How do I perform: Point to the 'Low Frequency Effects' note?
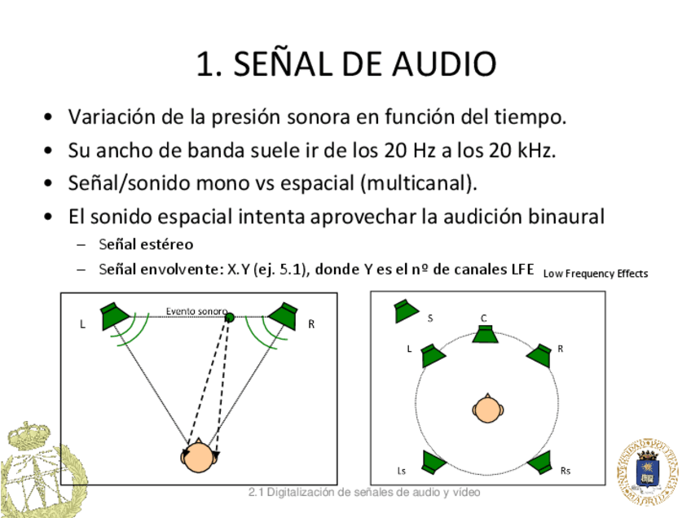click(x=595, y=274)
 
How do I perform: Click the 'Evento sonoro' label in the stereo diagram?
click(x=196, y=311)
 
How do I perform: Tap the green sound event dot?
click(x=230, y=317)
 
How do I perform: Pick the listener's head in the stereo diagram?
click(x=199, y=457)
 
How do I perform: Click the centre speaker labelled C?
click(x=486, y=334)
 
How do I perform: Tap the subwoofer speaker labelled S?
click(x=405, y=310)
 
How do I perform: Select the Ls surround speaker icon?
click(x=432, y=463)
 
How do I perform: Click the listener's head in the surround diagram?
click(x=486, y=408)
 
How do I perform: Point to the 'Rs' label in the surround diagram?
click(x=566, y=471)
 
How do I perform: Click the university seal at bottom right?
click(x=649, y=472)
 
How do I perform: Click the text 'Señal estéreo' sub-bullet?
click(x=146, y=244)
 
